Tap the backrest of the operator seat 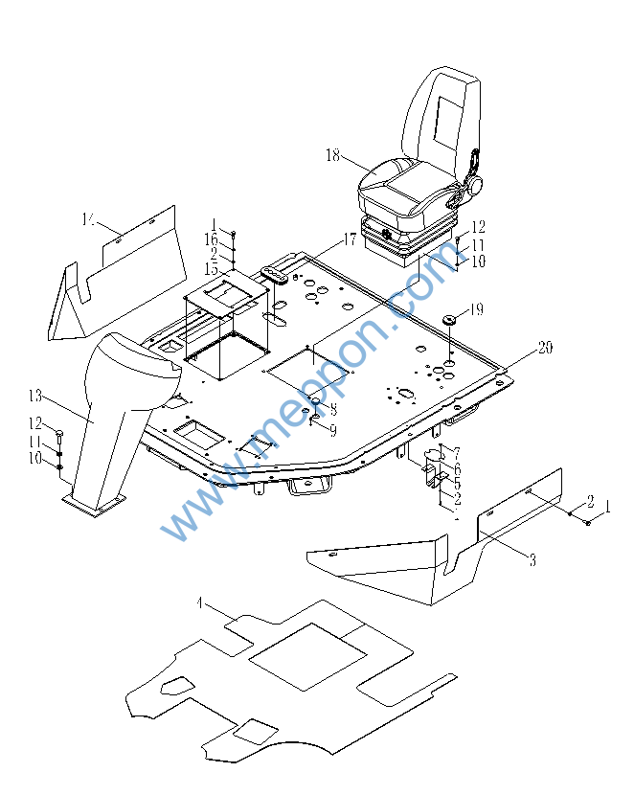[x=442, y=115]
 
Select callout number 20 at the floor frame [x=545, y=349]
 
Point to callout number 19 [x=477, y=310]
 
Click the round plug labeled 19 [x=448, y=319]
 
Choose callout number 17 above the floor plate [x=350, y=240]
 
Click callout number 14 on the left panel [x=88, y=221]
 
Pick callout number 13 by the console [x=35, y=395]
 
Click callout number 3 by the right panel [x=532, y=561]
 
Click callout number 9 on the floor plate [x=332, y=430]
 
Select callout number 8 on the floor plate [x=332, y=410]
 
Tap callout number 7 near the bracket [x=457, y=451]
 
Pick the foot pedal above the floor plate [x=276, y=276]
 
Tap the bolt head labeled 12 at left [x=60, y=434]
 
